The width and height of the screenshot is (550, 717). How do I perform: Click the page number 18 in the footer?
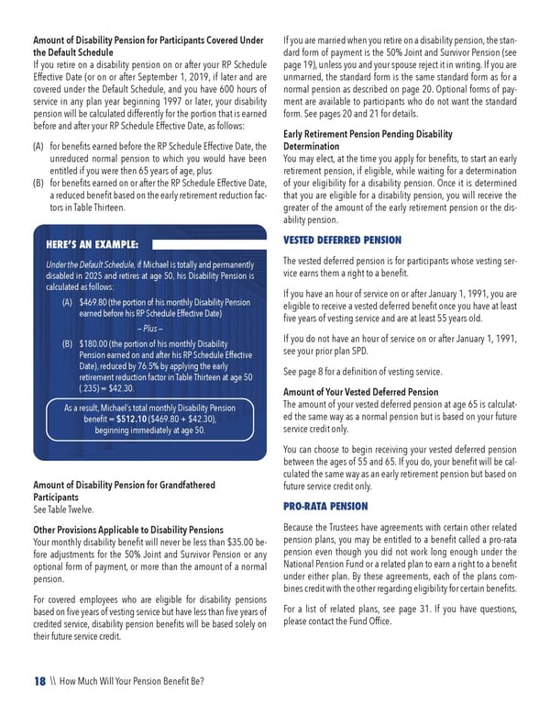click(x=39, y=680)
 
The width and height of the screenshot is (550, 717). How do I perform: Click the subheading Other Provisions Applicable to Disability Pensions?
click(x=127, y=530)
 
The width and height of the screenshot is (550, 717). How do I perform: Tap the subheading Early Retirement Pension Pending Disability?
click(x=368, y=133)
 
